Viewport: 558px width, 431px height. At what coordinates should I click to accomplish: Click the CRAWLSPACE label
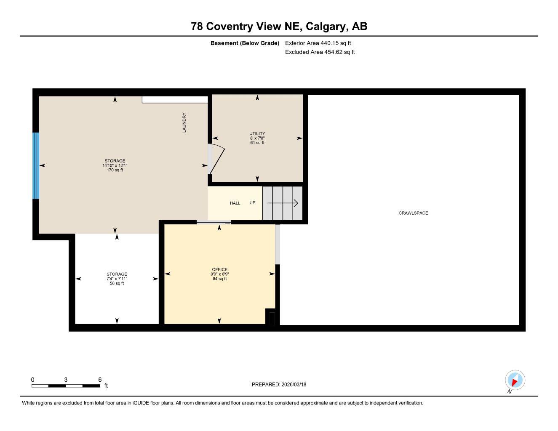click(x=413, y=213)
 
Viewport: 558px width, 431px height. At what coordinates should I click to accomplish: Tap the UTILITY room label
click(x=257, y=133)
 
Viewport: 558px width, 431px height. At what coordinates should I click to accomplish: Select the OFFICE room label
click(x=219, y=269)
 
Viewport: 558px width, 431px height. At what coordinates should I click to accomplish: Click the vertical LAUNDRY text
click(x=184, y=122)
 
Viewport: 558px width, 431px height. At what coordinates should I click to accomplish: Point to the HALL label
click(x=235, y=203)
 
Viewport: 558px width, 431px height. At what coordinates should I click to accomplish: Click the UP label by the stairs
click(x=252, y=203)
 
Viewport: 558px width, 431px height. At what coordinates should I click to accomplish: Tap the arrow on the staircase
click(x=283, y=203)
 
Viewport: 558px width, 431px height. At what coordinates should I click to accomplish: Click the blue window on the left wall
click(x=36, y=166)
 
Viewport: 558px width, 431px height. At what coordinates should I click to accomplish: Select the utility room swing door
click(x=216, y=159)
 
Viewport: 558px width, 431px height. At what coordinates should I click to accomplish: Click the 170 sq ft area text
click(x=115, y=170)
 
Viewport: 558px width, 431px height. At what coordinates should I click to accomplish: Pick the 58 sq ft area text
click(x=117, y=283)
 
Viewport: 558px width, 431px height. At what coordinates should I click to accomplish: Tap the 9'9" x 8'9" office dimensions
click(x=219, y=274)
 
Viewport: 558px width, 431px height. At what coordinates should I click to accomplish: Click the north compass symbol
click(x=515, y=380)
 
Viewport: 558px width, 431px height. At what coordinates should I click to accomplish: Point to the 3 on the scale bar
click(x=66, y=380)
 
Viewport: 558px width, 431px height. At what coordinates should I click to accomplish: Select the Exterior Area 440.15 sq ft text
click(x=318, y=43)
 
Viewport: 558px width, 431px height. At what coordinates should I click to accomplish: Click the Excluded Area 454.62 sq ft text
click(x=320, y=52)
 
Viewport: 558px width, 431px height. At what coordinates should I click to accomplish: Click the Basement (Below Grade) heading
click(x=245, y=43)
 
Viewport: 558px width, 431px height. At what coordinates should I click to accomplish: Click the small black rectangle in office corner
click(x=272, y=319)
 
